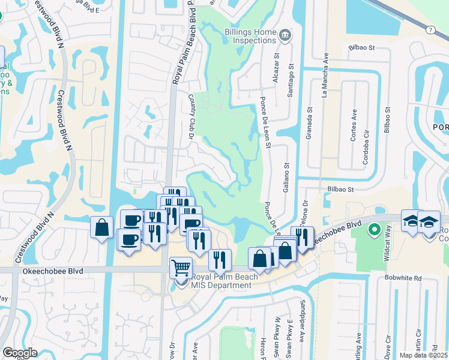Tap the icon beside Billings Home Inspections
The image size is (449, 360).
click(285, 34)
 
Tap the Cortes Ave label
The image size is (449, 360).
click(353, 125)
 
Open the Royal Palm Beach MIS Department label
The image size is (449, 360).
click(221, 281)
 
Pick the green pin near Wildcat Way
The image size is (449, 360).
click(373, 230)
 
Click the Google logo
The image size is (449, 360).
click(20, 352)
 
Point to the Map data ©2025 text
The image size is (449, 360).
click(424, 355)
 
